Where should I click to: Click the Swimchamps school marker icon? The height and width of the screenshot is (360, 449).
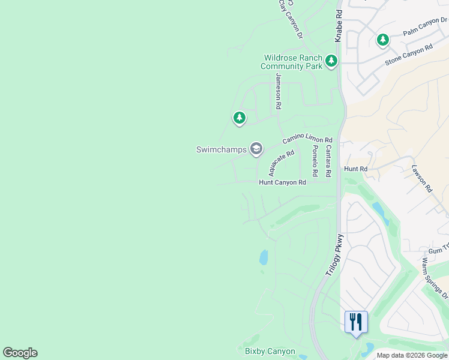pos(256,149)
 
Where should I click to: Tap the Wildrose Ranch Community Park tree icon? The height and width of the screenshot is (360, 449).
pos(331,61)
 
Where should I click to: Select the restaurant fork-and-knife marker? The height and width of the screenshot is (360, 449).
pos(357,322)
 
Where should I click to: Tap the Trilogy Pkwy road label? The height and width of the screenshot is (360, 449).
pos(334,255)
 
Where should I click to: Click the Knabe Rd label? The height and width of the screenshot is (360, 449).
pos(339,25)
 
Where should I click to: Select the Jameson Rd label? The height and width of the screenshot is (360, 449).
pos(278,91)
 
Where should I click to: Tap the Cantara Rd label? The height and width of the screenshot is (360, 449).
pos(328,161)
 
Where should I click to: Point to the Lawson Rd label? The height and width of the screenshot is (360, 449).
pos(422,178)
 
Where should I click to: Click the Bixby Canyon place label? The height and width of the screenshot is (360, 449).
pos(270,352)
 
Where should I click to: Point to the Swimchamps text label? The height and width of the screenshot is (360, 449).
pos(221,149)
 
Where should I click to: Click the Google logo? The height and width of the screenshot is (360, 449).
pos(20,353)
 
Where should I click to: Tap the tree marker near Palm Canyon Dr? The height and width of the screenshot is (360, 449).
pos(382,40)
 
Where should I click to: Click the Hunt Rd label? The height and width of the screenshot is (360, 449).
pos(355,169)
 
